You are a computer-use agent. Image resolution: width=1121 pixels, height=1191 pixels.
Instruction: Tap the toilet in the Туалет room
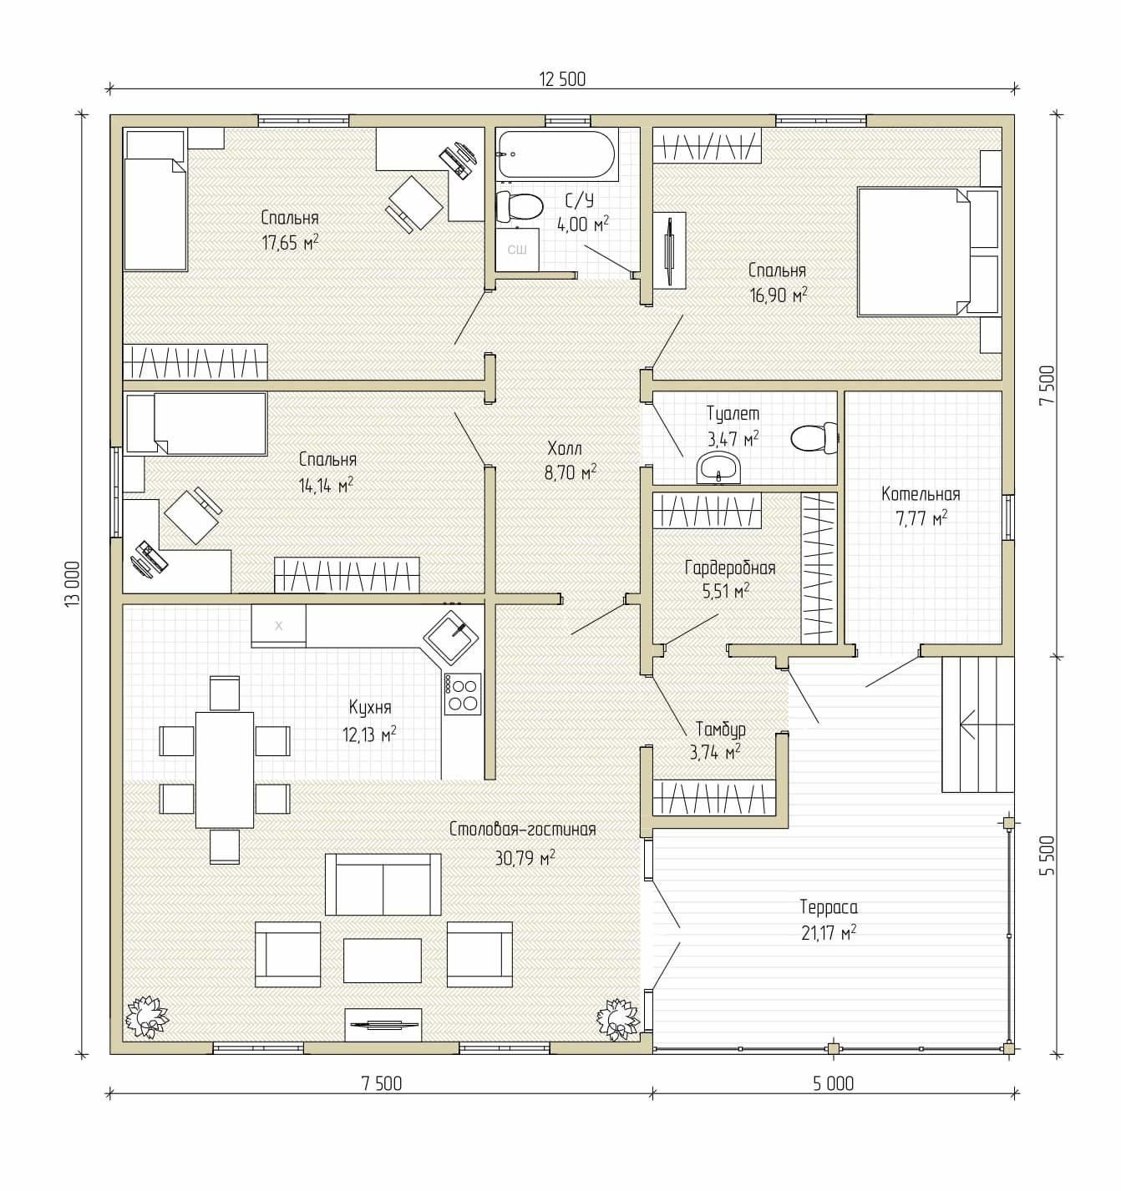[x=814, y=438]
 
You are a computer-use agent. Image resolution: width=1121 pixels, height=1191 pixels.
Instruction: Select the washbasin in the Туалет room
[x=718, y=467]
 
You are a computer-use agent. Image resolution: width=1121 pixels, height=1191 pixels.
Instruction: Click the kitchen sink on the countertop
[x=451, y=638]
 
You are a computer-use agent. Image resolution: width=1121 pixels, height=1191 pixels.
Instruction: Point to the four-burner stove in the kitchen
[x=462, y=694]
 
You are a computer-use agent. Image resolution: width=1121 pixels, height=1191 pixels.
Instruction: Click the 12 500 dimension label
[x=562, y=79]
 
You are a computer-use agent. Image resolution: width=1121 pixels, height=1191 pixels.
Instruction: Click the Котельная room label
[x=921, y=493]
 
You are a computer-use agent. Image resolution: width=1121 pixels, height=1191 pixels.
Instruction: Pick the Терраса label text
[x=828, y=907]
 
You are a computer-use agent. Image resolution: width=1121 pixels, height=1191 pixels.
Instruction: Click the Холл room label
[x=565, y=448]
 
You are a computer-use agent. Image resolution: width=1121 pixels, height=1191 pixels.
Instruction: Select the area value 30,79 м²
[x=525, y=858]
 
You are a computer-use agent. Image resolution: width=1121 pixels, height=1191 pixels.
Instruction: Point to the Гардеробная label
[x=730, y=568]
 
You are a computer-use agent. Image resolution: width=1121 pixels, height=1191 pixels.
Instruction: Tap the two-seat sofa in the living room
[x=383, y=885]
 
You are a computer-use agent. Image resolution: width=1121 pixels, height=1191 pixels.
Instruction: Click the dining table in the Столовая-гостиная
[x=225, y=770]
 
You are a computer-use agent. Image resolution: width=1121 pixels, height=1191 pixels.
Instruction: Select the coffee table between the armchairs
[x=383, y=961]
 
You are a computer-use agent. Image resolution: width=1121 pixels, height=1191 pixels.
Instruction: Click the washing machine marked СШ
[x=517, y=249]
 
